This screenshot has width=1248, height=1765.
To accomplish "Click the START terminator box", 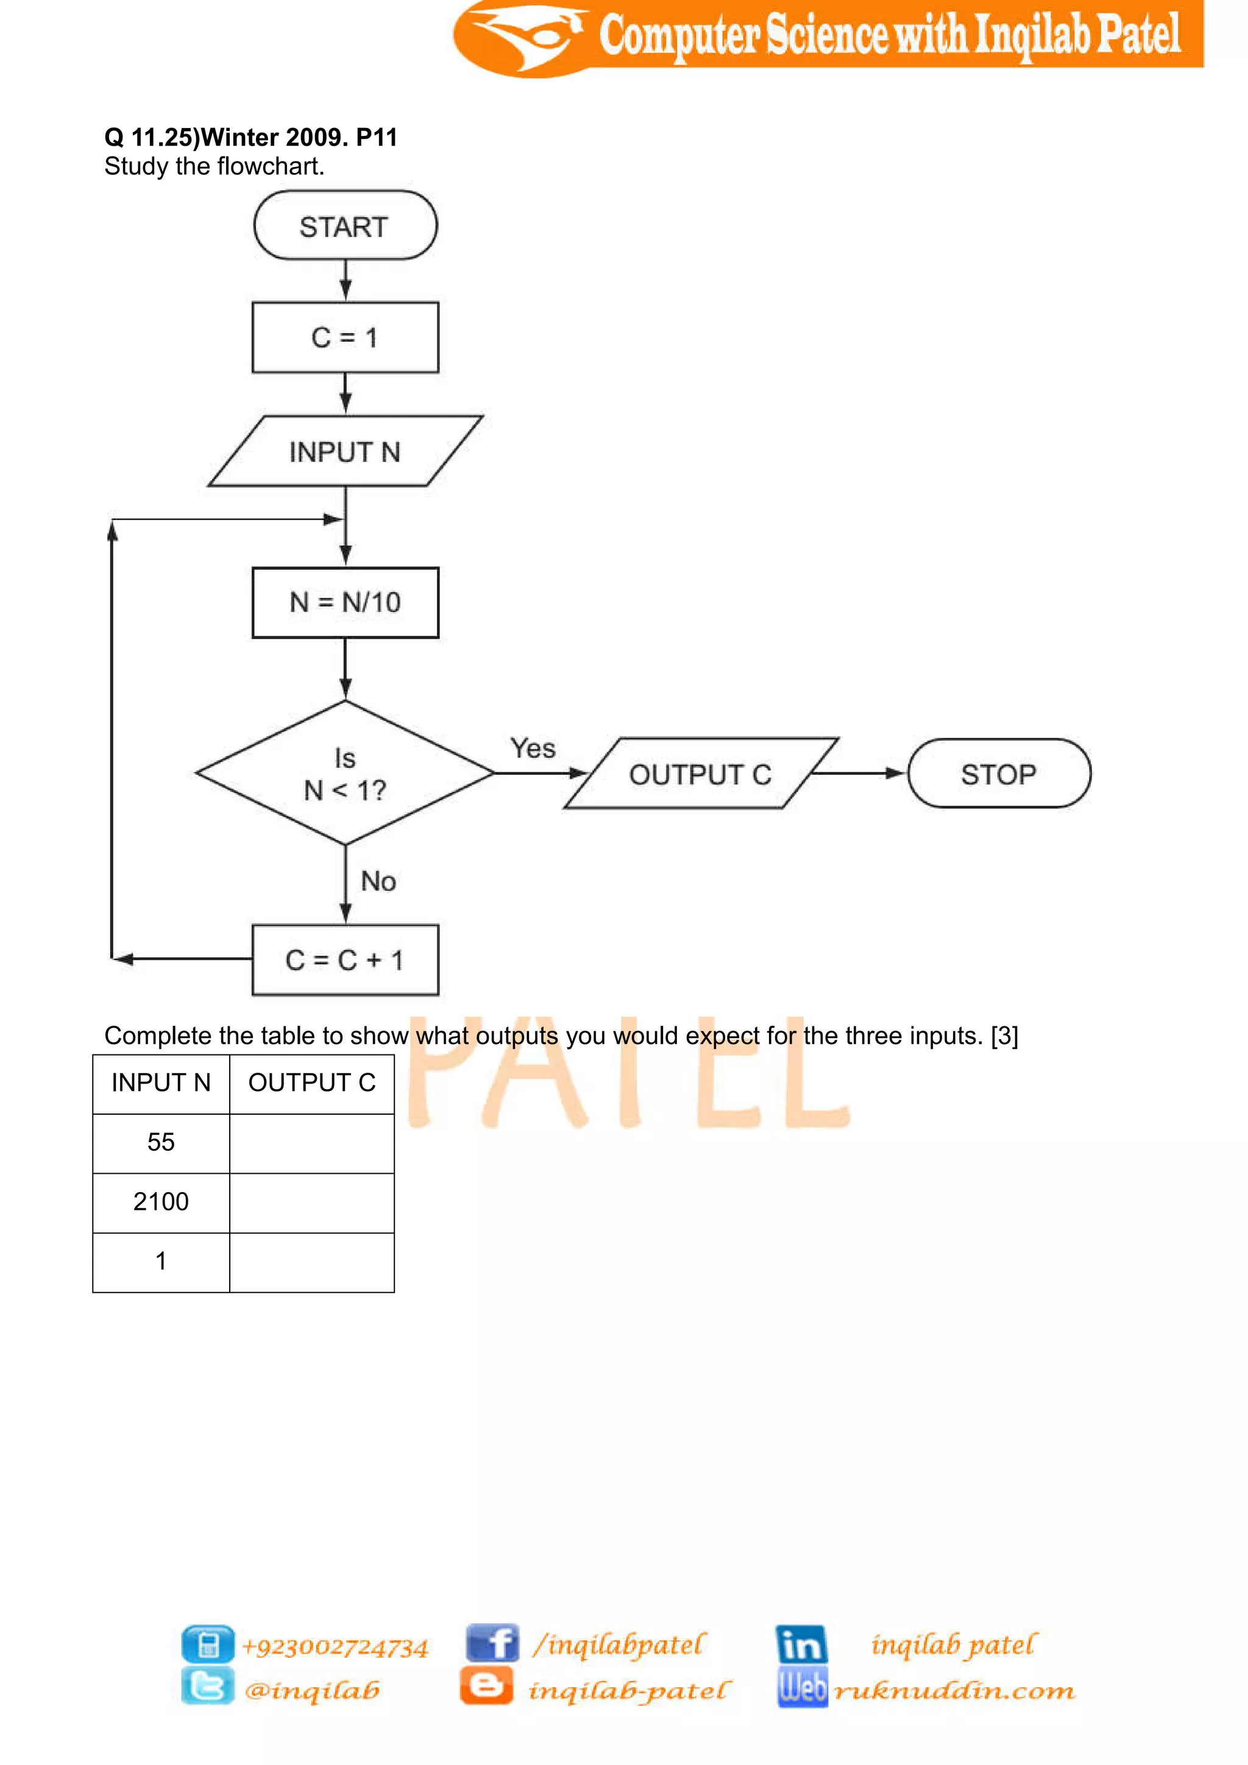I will point(345,226).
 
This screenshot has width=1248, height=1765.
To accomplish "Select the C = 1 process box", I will point(345,338).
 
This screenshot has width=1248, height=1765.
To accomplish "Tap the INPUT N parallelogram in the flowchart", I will point(345,451).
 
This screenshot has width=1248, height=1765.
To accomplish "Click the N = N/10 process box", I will point(345,603).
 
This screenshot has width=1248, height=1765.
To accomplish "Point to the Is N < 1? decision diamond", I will point(345,773).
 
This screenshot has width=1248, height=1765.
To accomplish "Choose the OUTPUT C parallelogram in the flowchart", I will point(700,774).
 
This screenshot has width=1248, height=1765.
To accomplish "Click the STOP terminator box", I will point(998,774).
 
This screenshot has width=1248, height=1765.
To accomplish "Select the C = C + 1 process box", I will point(345,960).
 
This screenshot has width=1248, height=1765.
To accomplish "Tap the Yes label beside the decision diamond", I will point(533,748).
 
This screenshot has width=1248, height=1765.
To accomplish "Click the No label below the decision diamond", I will point(378,881).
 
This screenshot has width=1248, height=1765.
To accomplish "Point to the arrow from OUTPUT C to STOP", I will point(859,773).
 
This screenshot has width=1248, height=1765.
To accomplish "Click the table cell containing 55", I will point(161,1142).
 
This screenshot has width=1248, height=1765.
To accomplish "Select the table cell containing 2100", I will point(161,1201).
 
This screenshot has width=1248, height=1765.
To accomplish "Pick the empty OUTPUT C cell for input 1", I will point(311,1262).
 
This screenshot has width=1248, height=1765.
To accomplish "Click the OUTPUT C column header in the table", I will point(311,1082).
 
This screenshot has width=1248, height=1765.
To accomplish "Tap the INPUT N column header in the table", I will point(161,1082).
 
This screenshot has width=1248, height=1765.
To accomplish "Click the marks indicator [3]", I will point(1004,1036).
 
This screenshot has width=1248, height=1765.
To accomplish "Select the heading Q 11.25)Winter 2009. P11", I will point(250,138).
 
